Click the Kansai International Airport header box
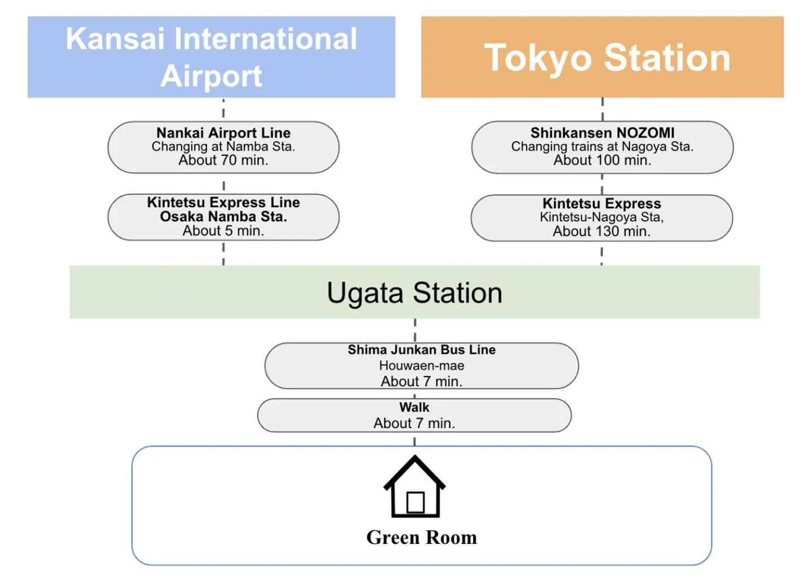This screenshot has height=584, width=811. coord(211,56)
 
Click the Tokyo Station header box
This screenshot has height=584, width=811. coord(602,57)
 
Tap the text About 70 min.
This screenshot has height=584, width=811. coord(223,160)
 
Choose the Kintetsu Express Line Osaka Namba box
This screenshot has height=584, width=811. coord(223,217)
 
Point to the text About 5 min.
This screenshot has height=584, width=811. coord(223,231)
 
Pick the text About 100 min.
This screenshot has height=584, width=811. coord(602,160)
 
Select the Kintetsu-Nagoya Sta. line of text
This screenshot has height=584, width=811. coord(602,217)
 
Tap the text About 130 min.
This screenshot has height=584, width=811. coord(602,232)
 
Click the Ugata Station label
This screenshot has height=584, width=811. coord(414,293)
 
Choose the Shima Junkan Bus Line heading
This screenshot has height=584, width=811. coord(422,350)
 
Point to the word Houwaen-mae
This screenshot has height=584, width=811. coord(422,366)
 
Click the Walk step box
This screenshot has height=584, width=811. coord(414,415)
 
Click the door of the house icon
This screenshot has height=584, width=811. coord(415,502)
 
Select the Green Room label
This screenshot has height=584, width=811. coord(422,538)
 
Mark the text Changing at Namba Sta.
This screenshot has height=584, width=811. coord(223,147)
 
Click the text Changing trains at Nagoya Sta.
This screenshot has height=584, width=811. coord(602,147)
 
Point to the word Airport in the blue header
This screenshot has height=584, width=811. coord(211,76)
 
